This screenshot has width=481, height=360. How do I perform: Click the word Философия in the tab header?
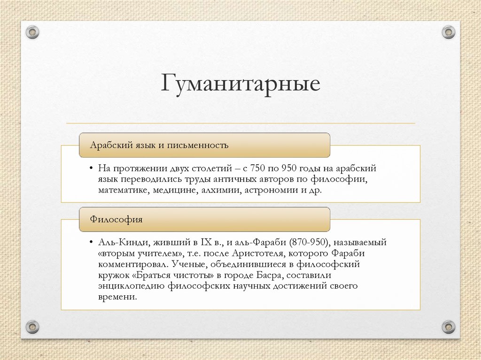click(116, 219)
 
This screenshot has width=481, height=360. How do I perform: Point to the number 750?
click(258, 168)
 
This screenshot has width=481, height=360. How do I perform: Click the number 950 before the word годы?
click(292, 168)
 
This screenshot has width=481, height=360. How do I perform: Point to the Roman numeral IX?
click(207, 243)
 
